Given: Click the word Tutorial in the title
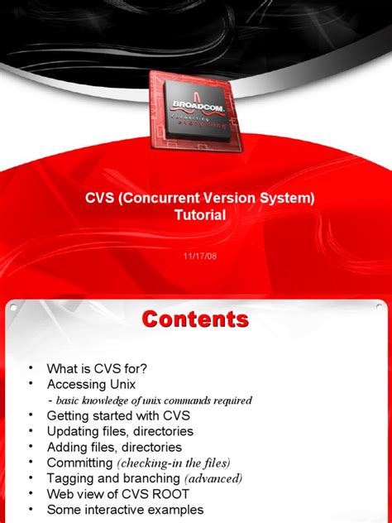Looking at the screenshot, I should tap(200, 214).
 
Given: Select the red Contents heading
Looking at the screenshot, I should tap(194, 319).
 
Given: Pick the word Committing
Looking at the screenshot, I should tap(79, 463).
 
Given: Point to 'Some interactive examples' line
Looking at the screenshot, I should tap(125, 510).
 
